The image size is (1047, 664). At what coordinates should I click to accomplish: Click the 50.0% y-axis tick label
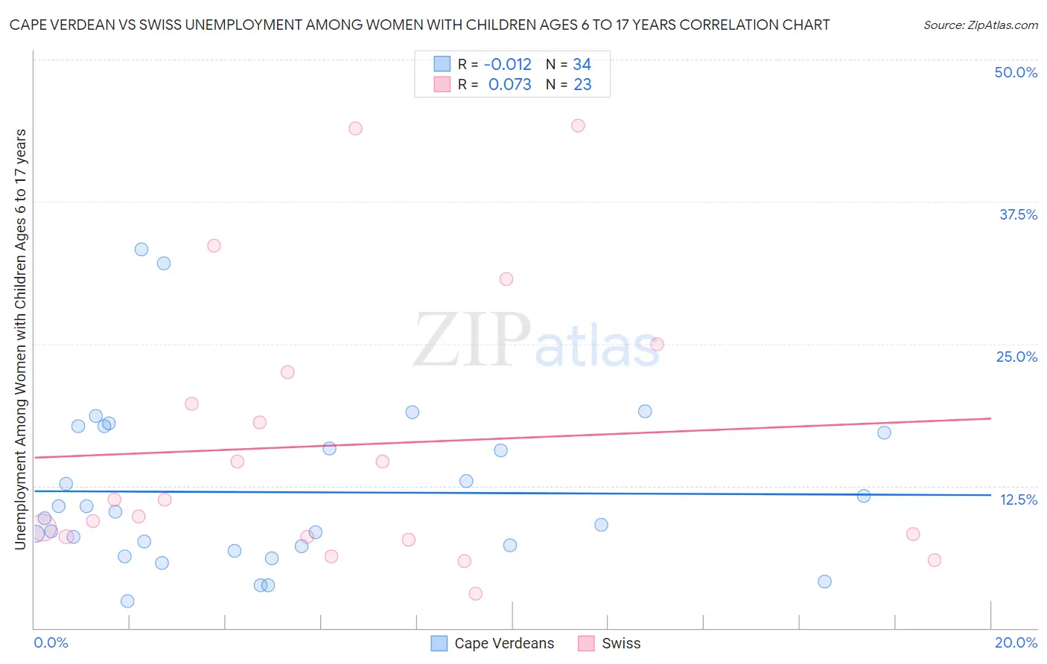coord(1016,72)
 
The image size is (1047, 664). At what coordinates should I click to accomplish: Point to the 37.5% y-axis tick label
coord(1018,214)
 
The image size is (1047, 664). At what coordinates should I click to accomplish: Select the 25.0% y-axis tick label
coord(1016,357)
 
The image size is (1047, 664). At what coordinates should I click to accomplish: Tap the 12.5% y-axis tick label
coord(1018,499)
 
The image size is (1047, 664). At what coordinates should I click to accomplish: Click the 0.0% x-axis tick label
coord(51,642)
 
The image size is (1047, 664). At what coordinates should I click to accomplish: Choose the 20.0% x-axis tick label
coord(1016,642)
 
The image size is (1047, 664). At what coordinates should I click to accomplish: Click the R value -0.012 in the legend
coord(507,65)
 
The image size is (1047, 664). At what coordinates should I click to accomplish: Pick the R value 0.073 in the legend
coord(509,85)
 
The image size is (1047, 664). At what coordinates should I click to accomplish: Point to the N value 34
coord(582,65)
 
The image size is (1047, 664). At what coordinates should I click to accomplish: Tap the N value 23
coord(582,85)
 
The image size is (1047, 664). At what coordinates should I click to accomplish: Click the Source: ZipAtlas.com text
coord(980,25)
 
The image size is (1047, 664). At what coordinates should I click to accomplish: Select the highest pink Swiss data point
coord(578,126)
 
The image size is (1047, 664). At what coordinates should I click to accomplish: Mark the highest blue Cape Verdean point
coord(141,249)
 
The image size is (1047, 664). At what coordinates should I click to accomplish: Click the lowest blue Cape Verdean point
coord(127,601)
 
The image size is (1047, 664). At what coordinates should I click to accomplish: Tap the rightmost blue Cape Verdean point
coord(884,432)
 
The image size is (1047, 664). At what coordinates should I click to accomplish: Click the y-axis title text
coord(21,339)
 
